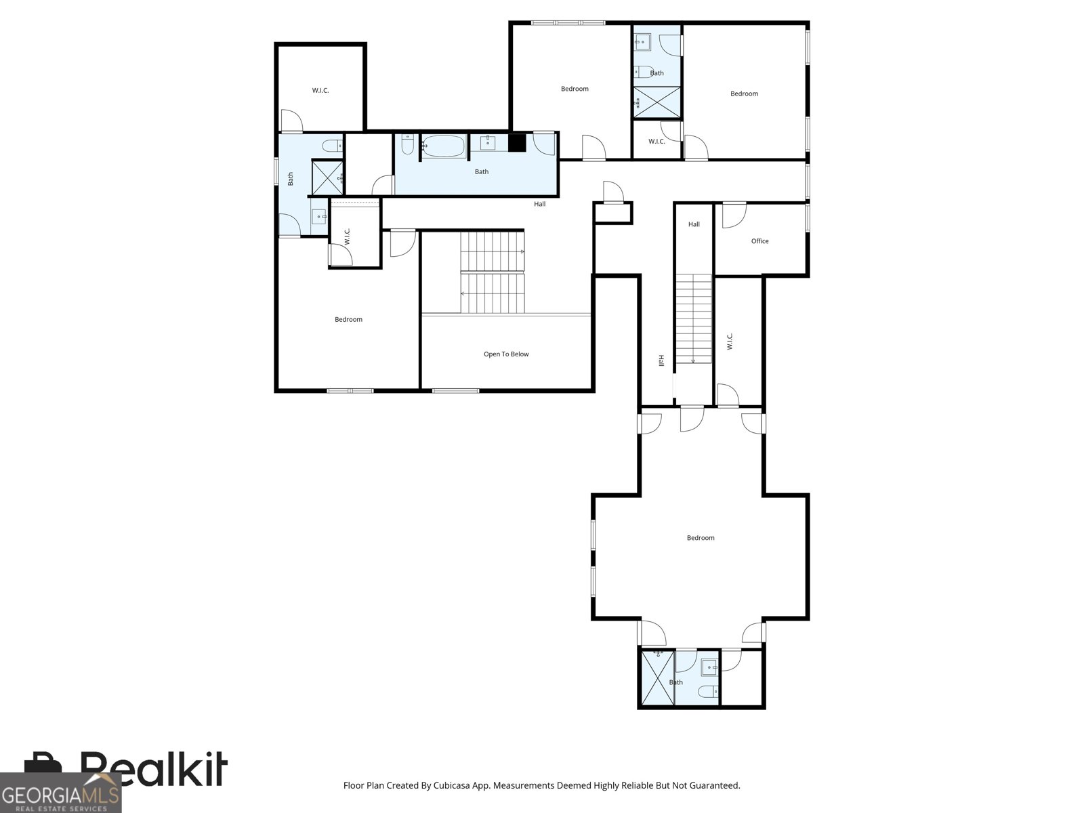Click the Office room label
759,241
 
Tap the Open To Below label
505,354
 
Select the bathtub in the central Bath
443,146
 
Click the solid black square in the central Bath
517,143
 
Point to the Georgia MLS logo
61,793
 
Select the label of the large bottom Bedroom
701,537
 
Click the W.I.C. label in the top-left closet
320,90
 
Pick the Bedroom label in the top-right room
744,93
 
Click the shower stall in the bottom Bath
657,678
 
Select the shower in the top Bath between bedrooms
656,102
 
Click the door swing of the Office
734,215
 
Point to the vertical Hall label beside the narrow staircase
661,360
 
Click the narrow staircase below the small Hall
693,319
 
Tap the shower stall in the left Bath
327,178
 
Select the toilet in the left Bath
332,146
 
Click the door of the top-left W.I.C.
291,121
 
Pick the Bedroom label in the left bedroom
348,319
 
